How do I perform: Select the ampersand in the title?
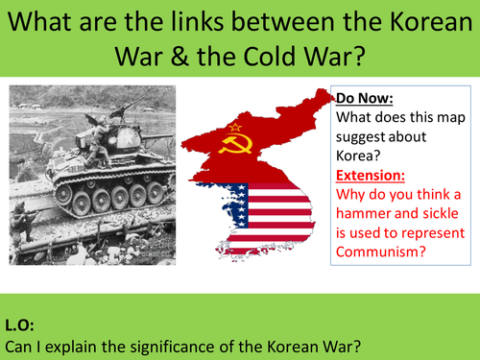(174, 57)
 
